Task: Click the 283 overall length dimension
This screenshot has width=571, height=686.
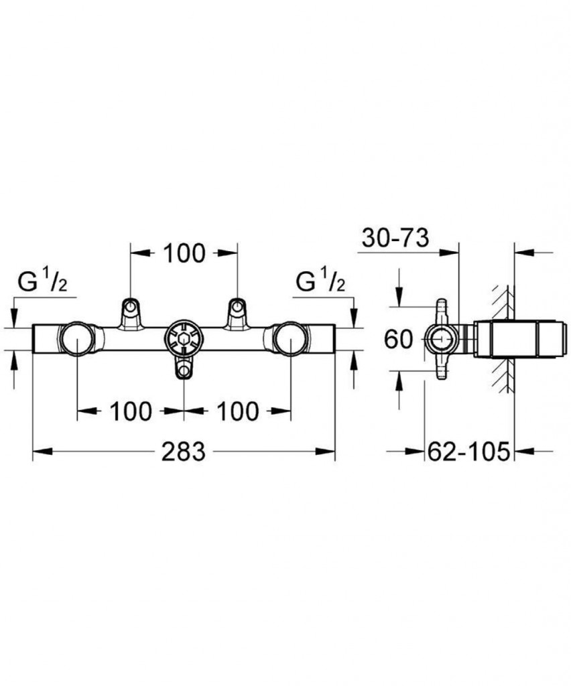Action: tap(184, 451)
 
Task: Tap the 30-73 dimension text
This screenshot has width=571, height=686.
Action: tap(395, 238)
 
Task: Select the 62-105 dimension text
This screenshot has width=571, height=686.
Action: tap(468, 451)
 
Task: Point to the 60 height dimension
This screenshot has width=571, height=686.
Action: tap(398, 339)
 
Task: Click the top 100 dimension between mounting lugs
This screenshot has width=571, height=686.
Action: tap(184, 253)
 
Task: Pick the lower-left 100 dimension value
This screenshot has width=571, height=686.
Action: tap(131, 411)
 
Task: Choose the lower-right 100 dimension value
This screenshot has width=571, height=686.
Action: tap(238, 411)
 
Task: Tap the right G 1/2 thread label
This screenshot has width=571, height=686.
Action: tap(321, 281)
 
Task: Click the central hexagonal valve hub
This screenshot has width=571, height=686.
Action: tap(184, 338)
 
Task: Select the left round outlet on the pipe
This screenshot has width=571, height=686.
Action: tap(77, 339)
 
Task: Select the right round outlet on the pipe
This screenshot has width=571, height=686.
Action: tap(291, 339)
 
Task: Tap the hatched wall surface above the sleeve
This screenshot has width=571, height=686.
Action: tap(501, 302)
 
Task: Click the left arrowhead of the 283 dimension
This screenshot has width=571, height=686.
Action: tap(42, 452)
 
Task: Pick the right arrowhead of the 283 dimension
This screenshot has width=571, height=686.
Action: tap(325, 452)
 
